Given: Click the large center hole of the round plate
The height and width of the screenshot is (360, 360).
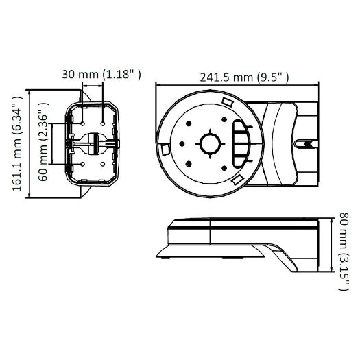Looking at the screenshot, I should (208, 143).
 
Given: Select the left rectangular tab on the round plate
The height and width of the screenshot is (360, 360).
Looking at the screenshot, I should (165, 148).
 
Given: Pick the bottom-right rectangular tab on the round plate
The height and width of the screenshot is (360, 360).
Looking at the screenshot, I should (237, 179).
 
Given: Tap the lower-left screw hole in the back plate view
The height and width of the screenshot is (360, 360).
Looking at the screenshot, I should (82, 165).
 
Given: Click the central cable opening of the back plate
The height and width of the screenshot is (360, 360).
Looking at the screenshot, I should (93, 144).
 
